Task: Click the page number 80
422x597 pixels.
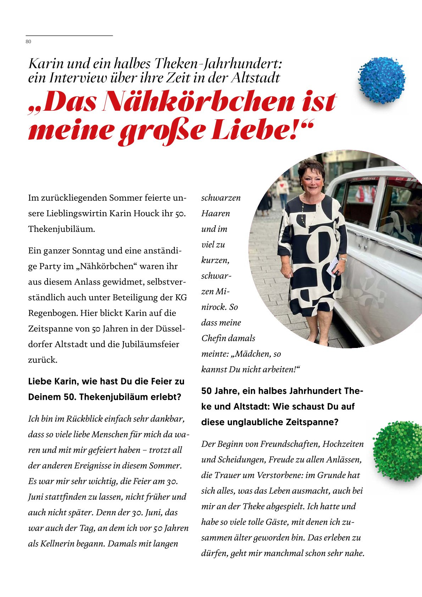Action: pyautogui.click(x=28, y=42)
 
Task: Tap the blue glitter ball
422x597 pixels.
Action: pyautogui.click(x=382, y=80)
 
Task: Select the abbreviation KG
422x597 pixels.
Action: pyautogui.click(x=181, y=298)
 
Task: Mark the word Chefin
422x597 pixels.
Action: pyautogui.click(x=213, y=338)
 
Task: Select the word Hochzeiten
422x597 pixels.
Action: pyautogui.click(x=343, y=444)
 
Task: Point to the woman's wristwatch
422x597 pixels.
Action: pyautogui.click(x=343, y=260)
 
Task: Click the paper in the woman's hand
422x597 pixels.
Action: pyautogui.click(x=332, y=267)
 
